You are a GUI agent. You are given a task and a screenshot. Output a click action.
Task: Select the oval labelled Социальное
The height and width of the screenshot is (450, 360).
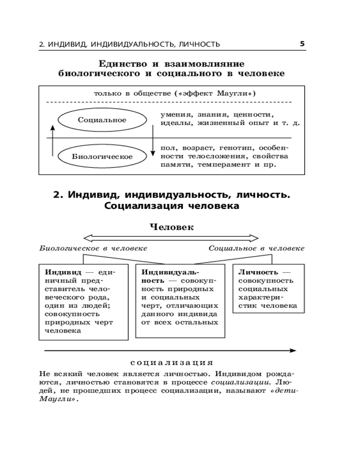pos(102,120)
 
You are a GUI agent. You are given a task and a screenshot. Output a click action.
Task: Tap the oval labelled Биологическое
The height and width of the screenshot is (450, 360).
pos(102,157)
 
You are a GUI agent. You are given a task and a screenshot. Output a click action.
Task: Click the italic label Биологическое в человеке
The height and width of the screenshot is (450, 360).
pos(93,248)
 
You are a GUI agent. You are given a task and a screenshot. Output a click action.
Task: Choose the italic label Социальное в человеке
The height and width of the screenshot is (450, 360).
pos(256,248)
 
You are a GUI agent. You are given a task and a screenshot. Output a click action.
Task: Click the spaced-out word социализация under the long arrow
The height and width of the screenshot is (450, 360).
pos(171,363)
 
